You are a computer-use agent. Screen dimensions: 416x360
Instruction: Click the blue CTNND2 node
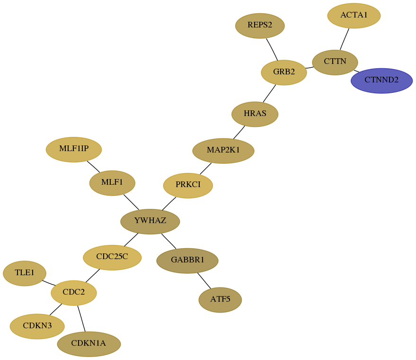coord(381,81)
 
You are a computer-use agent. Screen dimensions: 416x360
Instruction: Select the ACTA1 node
coord(354,16)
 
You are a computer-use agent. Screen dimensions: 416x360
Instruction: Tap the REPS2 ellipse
coord(260,26)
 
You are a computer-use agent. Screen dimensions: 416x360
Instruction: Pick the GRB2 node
coord(284,72)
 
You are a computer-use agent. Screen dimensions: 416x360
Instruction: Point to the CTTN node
coord(335,63)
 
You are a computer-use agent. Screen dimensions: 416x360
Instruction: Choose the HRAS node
coord(255,114)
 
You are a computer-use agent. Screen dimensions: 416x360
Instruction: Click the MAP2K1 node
coord(223,151)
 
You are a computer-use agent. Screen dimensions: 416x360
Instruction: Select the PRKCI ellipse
coord(188,185)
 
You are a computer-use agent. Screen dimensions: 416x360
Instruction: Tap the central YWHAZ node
coord(150,221)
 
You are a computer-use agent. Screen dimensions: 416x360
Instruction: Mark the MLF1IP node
coord(74,150)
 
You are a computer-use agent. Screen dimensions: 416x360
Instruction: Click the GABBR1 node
coord(187,261)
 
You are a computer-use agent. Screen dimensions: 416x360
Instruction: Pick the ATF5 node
coord(220,300)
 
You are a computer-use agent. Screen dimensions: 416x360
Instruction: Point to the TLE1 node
coord(25,273)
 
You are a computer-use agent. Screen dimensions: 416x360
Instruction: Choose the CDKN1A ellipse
coord(89,344)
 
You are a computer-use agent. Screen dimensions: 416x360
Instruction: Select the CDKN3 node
coord(37,326)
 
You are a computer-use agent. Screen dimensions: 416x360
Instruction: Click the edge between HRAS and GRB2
coord(269,93)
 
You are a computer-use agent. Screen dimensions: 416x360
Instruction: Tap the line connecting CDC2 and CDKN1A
coord(81,319)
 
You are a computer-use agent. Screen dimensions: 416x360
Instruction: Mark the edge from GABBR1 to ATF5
coord(204,280)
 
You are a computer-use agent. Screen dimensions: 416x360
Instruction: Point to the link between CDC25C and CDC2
coord(93,276)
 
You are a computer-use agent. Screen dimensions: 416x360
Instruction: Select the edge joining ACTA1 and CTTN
coord(345,39)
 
